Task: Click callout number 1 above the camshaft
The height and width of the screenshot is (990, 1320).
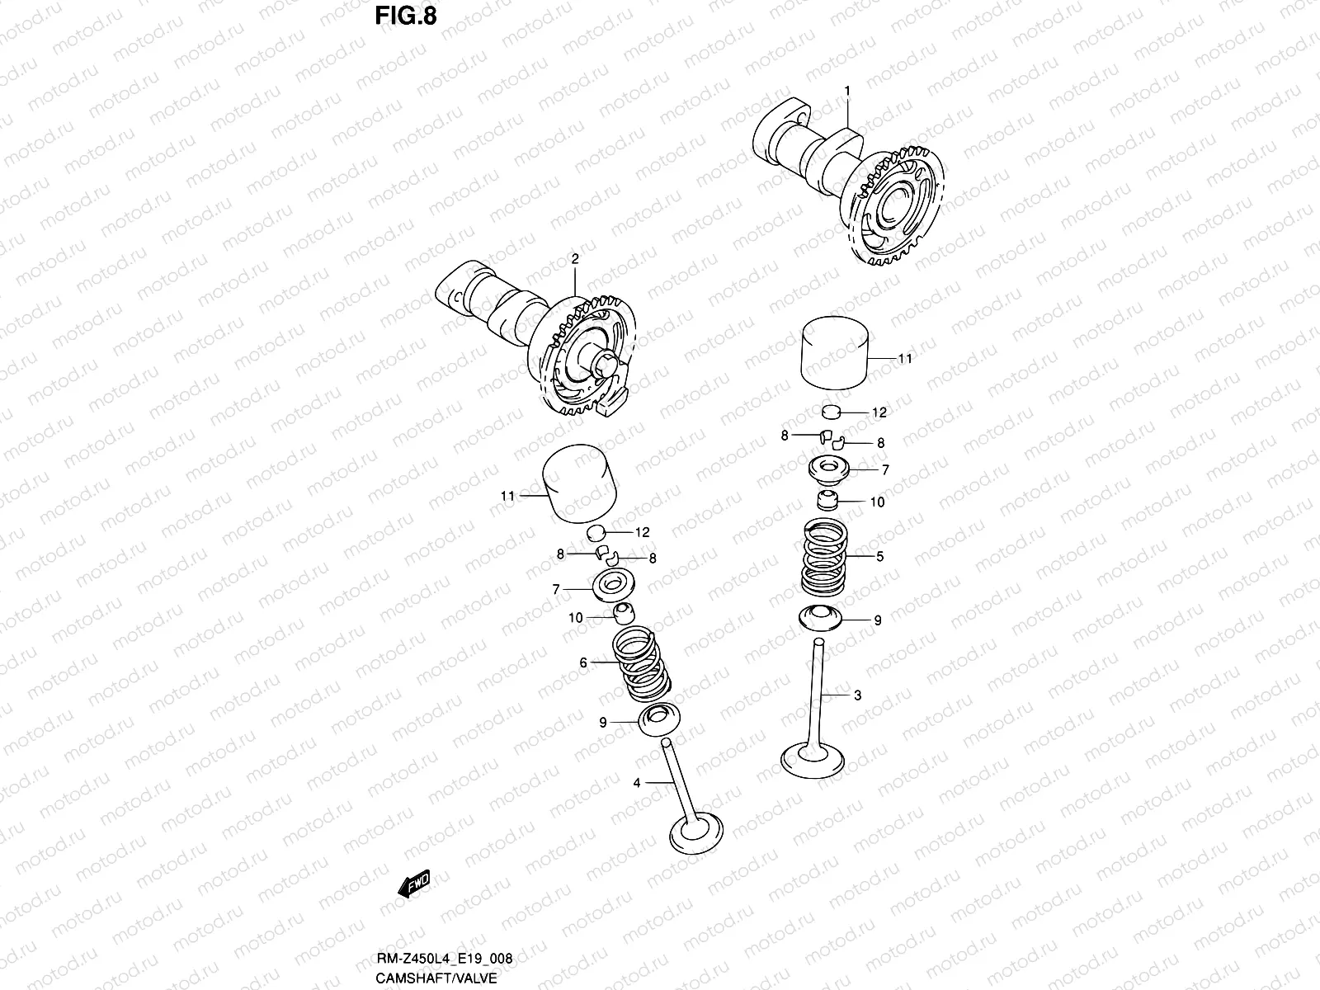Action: point(846,89)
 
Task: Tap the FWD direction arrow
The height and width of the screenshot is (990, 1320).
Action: point(414,884)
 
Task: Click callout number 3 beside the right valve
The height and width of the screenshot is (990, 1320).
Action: point(857,695)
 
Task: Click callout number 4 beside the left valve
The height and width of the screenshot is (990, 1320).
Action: point(637,782)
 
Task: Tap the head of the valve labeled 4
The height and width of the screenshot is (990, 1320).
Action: point(698,837)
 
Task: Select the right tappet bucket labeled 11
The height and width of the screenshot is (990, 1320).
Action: point(838,354)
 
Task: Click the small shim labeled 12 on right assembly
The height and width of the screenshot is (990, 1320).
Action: point(831,411)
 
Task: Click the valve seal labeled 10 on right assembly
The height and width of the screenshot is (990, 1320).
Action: point(827,501)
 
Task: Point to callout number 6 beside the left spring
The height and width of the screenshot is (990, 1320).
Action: point(583,662)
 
